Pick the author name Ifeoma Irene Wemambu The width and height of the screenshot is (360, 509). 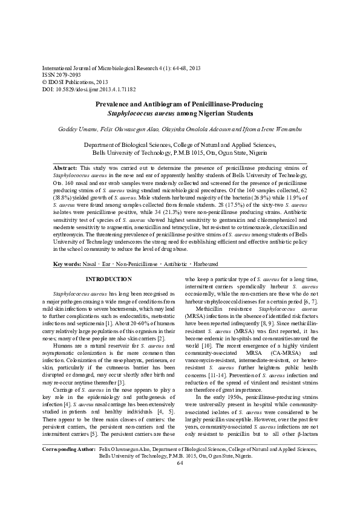point(261,129)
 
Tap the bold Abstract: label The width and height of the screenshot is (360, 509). point(65,166)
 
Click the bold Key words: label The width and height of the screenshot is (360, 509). point(67,264)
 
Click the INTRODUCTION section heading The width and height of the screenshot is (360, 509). point(108,279)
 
